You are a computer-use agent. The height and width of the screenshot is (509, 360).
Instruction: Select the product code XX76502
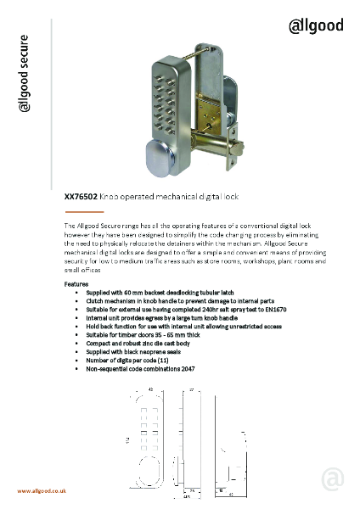coord(81,196)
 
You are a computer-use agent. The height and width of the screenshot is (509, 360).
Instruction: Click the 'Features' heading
coord(76,284)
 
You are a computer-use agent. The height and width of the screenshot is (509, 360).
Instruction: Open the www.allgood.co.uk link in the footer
coord(42,492)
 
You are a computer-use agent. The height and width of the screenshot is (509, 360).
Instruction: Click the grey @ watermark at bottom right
coord(333,480)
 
